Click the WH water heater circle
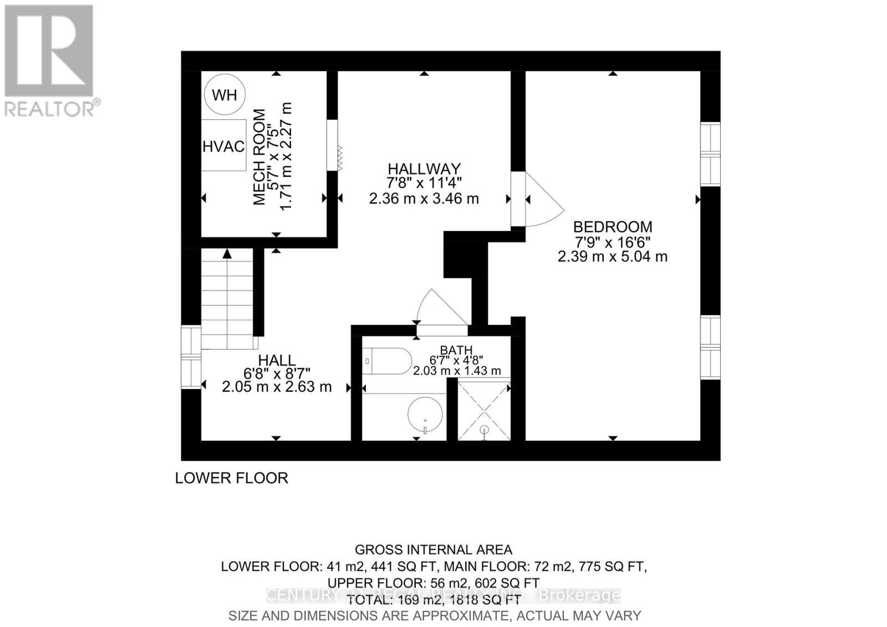(225, 95)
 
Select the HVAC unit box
(223, 145)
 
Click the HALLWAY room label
(424, 169)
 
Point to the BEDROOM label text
(613, 227)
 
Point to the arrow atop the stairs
(227, 254)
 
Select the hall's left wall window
(191, 357)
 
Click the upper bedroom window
(710, 154)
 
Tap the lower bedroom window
(710, 347)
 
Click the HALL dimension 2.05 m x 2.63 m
(277, 387)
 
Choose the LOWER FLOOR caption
(232, 478)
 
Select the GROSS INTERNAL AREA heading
(434, 550)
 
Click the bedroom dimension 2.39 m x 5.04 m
(613, 257)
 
